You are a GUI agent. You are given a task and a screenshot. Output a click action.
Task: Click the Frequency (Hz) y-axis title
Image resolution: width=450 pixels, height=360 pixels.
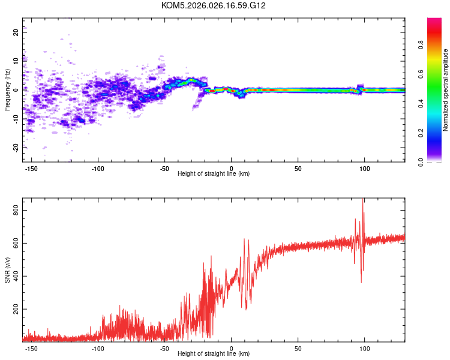point(7,90)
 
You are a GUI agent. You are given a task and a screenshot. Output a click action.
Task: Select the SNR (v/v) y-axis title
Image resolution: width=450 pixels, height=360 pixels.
point(7,271)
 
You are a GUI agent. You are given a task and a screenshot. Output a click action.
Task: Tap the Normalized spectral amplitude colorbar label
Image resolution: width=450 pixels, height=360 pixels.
point(446,91)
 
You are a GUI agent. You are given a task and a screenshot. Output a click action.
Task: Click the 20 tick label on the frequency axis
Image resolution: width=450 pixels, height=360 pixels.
point(16,32)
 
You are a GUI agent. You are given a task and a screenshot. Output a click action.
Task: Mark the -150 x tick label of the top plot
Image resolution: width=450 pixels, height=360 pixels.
point(31,168)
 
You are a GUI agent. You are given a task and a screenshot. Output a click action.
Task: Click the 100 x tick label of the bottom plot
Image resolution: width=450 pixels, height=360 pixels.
point(365,348)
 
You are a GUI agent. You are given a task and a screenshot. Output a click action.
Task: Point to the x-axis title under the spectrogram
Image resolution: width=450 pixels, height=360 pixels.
point(214,174)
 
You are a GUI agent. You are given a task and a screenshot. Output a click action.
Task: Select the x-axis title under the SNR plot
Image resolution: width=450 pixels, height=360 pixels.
point(214,354)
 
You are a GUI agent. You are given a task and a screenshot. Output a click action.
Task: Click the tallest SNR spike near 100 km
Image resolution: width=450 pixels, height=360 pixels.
point(362,200)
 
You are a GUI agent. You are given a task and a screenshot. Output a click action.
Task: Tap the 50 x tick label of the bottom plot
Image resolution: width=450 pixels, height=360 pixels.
point(298,348)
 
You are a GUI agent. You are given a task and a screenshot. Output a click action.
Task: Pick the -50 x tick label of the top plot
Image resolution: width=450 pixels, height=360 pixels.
point(164,168)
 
